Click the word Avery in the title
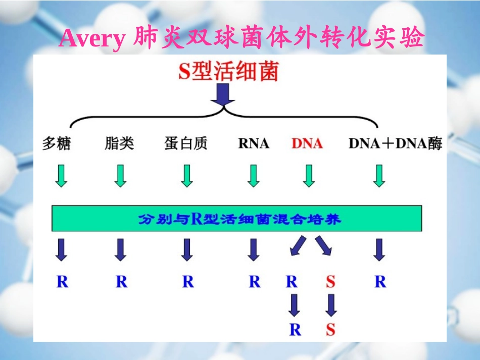coord(91,38)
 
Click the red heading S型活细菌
coord(228,72)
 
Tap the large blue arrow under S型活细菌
coord(223,95)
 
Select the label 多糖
coord(57,144)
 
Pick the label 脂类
coord(120,144)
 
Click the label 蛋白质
coord(186,144)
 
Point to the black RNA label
coord(254,144)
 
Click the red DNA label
coord(307,144)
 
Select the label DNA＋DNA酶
coord(395,144)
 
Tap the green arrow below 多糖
coord(61,176)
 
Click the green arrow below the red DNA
coord(309,176)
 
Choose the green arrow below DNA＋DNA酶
coord(379,176)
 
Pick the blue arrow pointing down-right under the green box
coord(324,245)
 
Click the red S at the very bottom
coord(330,330)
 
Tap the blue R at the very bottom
coord(295,330)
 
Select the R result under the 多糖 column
coord(62,282)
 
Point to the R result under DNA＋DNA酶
coord(380,282)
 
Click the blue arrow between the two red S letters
coord(331,305)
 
